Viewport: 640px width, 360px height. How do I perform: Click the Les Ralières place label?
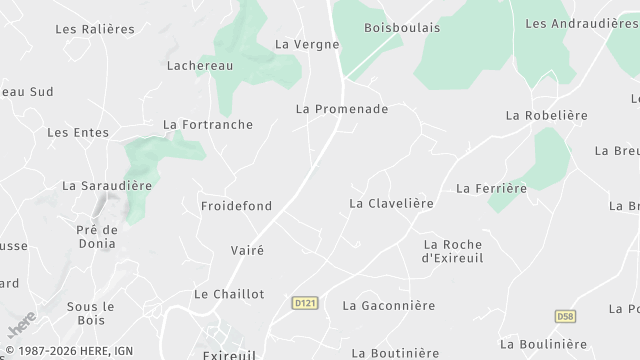(x=95, y=29)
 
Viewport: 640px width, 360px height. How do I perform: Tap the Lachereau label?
(x=199, y=65)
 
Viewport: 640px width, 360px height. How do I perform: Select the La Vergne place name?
(x=307, y=44)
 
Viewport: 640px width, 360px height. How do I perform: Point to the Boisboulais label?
(x=402, y=27)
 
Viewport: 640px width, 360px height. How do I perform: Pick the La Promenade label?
(x=342, y=108)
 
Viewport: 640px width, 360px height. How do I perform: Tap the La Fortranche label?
(x=208, y=125)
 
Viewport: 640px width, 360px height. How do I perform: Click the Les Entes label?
(x=77, y=132)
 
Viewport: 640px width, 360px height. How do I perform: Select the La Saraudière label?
(x=107, y=185)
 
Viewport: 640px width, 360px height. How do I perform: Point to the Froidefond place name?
(x=236, y=206)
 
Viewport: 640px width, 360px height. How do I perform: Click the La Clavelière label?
(x=391, y=203)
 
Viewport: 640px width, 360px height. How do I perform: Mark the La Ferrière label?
(x=491, y=188)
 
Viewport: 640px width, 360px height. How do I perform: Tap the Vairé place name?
(x=247, y=251)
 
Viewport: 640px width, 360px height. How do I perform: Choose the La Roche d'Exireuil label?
(x=452, y=251)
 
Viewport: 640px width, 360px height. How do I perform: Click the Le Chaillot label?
(x=229, y=294)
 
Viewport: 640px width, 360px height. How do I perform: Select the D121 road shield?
(x=305, y=302)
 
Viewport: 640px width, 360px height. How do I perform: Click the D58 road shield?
(x=566, y=316)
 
